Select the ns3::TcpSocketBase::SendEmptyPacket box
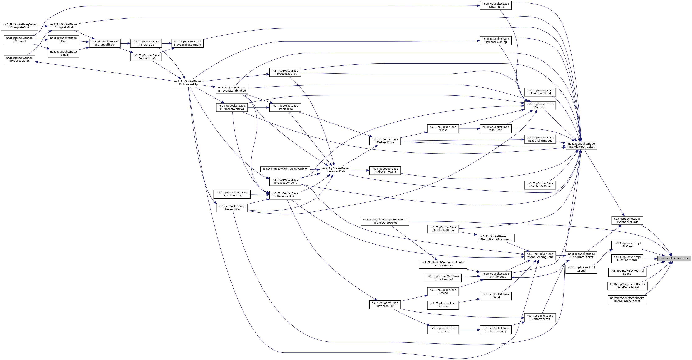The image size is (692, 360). (x=581, y=145)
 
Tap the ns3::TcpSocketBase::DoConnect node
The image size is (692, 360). (x=496, y=5)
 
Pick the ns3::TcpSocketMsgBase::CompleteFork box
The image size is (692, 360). (x=19, y=26)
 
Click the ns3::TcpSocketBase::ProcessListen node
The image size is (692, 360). (x=19, y=59)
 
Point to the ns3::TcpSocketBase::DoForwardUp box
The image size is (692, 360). (x=188, y=83)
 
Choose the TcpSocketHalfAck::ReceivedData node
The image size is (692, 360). (x=285, y=169)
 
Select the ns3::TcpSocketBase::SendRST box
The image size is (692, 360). (x=540, y=106)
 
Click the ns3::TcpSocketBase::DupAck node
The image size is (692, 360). (x=443, y=330)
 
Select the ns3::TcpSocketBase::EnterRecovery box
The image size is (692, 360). (x=496, y=330)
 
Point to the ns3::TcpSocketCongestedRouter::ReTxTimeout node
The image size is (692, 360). (x=443, y=264)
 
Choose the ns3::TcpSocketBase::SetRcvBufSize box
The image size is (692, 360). (x=540, y=185)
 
